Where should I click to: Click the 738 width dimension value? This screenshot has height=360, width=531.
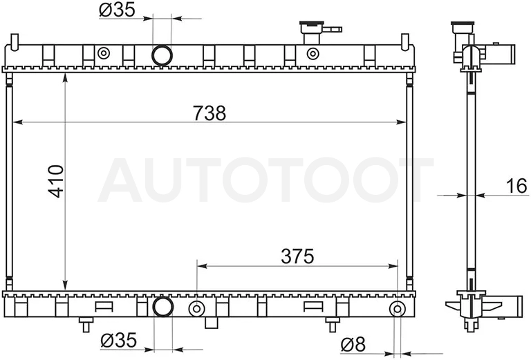(209, 113)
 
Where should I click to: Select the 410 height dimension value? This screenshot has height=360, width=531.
(56, 181)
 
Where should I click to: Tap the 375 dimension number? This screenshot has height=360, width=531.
(297, 256)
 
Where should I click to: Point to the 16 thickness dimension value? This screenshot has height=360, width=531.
(516, 186)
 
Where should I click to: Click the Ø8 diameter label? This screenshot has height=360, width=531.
(353, 344)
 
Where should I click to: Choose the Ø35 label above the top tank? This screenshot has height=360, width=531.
(117, 10)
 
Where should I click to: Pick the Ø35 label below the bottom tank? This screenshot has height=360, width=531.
(118, 340)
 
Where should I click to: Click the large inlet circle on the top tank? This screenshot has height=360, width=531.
(162, 55)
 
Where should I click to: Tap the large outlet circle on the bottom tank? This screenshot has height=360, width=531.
(163, 307)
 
